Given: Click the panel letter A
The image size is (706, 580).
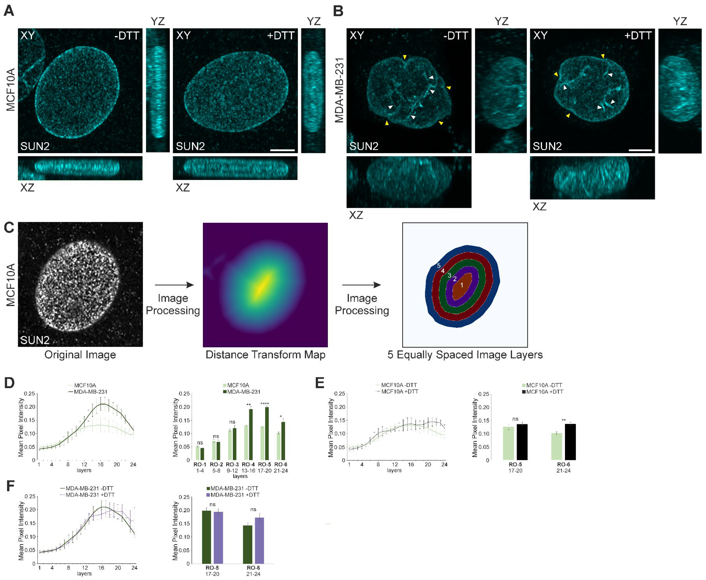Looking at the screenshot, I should (x=9, y=11).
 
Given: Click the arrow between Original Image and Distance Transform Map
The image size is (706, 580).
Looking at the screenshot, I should (x=174, y=285).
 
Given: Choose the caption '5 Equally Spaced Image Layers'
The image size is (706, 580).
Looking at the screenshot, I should (x=465, y=355).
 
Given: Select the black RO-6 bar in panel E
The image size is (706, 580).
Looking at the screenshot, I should (x=570, y=442).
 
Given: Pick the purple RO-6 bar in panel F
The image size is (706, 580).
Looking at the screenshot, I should (x=259, y=540).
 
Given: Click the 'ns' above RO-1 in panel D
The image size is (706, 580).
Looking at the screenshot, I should (x=200, y=443).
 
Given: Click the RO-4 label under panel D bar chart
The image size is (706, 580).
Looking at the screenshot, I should (x=248, y=464).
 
